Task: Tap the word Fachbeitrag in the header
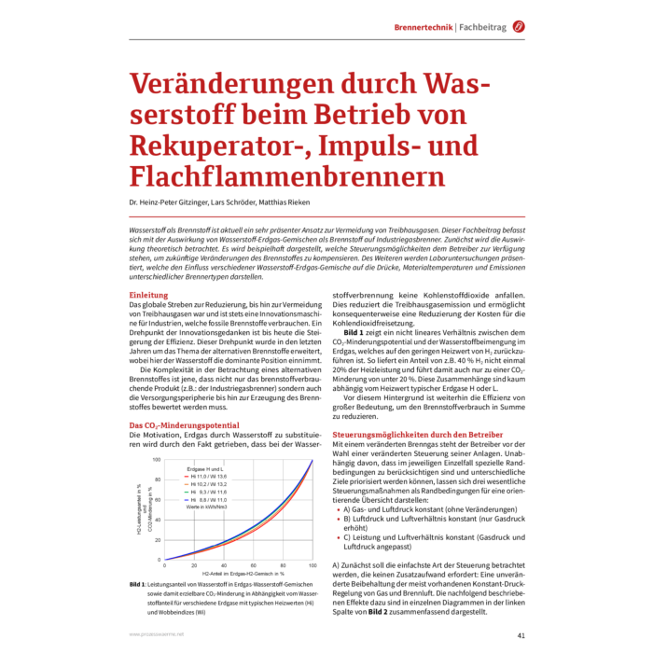(482, 27)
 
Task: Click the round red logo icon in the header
(518, 27)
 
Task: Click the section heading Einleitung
(148, 295)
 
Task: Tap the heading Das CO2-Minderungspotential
(186, 425)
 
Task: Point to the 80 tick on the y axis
(157, 479)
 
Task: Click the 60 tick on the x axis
(253, 565)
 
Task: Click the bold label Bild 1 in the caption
(139, 585)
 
